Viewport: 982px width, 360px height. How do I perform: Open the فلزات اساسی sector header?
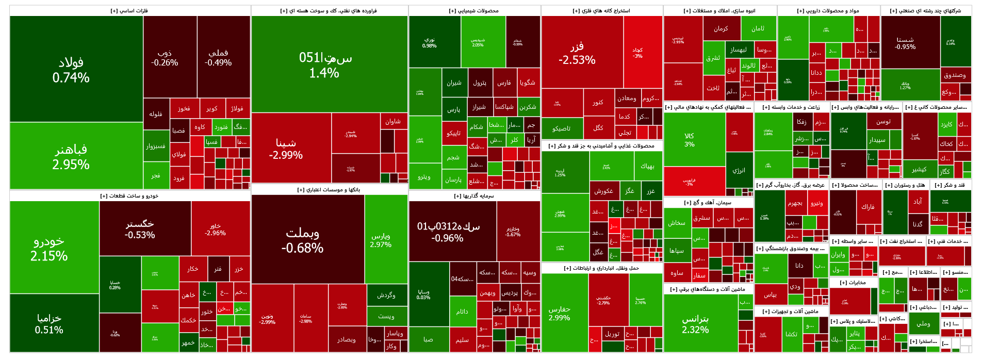(129, 11)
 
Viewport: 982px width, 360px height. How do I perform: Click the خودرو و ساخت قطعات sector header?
(129, 196)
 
